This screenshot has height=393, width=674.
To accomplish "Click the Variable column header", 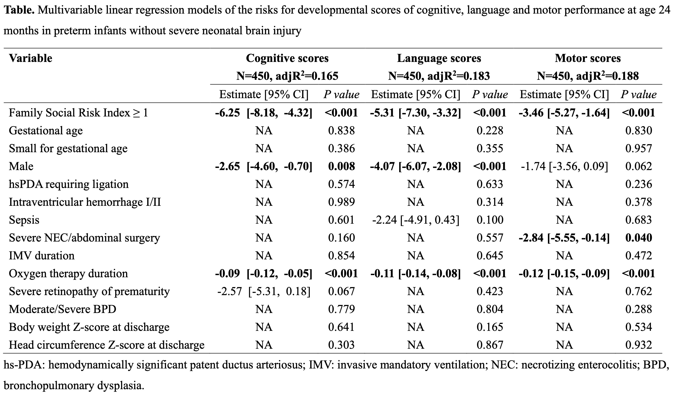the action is click(x=31, y=58).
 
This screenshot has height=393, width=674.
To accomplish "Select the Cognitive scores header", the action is click(x=287, y=58).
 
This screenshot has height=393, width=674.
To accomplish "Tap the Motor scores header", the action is click(x=588, y=58).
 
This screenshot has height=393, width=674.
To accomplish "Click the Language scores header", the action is click(x=439, y=58).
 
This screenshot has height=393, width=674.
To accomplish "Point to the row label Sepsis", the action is click(x=24, y=220).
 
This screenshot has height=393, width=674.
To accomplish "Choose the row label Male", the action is click(x=21, y=166).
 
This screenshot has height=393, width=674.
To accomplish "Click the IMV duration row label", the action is click(x=41, y=256).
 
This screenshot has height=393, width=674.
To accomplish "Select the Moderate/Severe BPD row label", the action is click(x=63, y=309).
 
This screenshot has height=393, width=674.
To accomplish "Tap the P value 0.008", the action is click(x=342, y=166).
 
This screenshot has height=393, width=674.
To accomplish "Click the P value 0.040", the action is click(x=639, y=238).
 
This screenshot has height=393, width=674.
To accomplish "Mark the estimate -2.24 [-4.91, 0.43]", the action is click(x=416, y=220).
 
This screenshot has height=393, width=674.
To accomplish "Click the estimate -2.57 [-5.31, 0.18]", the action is click(x=264, y=291).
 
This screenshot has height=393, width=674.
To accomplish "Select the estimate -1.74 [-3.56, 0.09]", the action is click(x=564, y=166).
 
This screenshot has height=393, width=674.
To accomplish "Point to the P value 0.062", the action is click(x=639, y=166).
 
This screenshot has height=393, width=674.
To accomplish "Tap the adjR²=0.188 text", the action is click(x=608, y=76).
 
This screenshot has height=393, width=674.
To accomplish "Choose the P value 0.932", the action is click(x=639, y=345).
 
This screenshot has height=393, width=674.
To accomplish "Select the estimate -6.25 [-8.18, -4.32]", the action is click(x=264, y=113).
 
